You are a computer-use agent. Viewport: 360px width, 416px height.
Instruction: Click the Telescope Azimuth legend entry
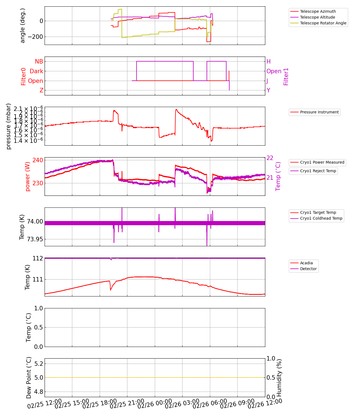click(x=318, y=11)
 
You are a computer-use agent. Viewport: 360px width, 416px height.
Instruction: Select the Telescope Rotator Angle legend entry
click(x=323, y=23)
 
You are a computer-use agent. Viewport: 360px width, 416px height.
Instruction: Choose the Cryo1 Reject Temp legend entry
click(x=318, y=171)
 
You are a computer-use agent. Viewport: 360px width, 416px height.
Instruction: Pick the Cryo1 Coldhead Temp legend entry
click(x=321, y=218)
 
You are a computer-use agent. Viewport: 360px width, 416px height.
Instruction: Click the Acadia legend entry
click(x=306, y=263)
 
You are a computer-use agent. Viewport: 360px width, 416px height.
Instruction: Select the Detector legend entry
click(x=308, y=269)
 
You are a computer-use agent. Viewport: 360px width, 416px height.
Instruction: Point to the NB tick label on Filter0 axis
click(x=39, y=62)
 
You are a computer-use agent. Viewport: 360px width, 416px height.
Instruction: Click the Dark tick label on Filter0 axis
click(x=36, y=71)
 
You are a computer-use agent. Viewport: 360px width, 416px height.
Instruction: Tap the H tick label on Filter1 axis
click(x=268, y=62)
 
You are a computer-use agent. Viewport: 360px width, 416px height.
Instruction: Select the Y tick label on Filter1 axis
click(x=268, y=90)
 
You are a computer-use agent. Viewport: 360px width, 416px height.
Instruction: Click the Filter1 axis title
click(x=286, y=77)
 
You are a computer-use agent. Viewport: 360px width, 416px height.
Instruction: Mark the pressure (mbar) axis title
click(x=9, y=126)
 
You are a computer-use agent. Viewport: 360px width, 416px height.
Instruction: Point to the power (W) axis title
click(x=27, y=177)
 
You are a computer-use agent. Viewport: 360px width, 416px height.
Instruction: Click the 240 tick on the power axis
click(x=38, y=160)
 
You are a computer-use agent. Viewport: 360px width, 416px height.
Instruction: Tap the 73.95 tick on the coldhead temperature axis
click(x=35, y=239)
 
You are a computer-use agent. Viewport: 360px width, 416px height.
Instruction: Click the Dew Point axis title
click(x=29, y=378)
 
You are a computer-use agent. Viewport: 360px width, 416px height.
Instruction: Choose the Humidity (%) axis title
click(x=279, y=378)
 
